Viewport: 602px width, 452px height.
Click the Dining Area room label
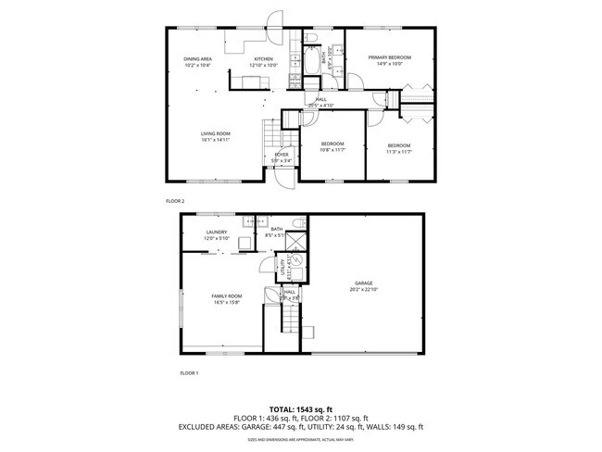[x=197, y=59]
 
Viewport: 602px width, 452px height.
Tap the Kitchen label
[x=264, y=59]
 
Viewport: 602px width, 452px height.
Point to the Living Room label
[x=216, y=133]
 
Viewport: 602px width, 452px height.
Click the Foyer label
[x=281, y=155]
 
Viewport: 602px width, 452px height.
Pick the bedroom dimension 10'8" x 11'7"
[x=332, y=150]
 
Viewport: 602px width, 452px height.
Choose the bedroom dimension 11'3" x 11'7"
[x=399, y=152]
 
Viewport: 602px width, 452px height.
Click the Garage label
[x=364, y=282]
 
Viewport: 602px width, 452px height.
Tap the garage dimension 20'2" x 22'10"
[x=364, y=289]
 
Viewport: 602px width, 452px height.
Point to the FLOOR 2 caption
[x=175, y=200]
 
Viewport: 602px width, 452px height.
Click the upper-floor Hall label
[x=321, y=99]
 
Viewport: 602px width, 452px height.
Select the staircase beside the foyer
[x=271, y=137]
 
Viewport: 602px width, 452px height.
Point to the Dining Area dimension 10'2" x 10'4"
[x=197, y=66]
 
